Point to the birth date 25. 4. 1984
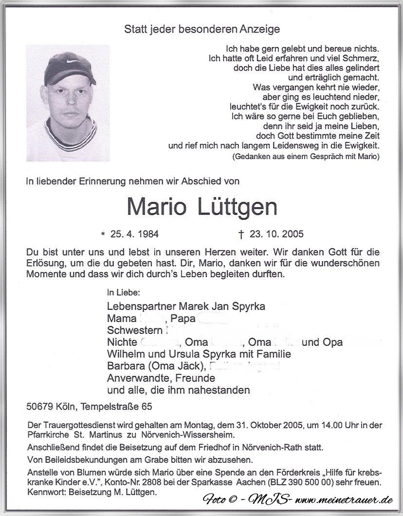click(134, 234)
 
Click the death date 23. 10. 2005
click(276, 234)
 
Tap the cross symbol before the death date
click(240, 234)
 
